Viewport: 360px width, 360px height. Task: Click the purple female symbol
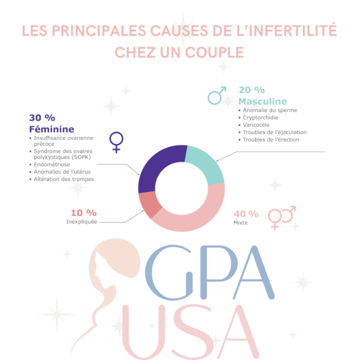point(116,142)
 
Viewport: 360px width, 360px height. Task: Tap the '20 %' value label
point(251,90)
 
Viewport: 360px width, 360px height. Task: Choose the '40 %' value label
point(246,214)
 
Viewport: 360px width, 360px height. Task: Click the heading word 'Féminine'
point(52,129)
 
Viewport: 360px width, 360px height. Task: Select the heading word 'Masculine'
point(262,101)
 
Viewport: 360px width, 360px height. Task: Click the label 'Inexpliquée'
point(82,222)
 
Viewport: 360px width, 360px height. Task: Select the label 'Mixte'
point(240,223)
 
